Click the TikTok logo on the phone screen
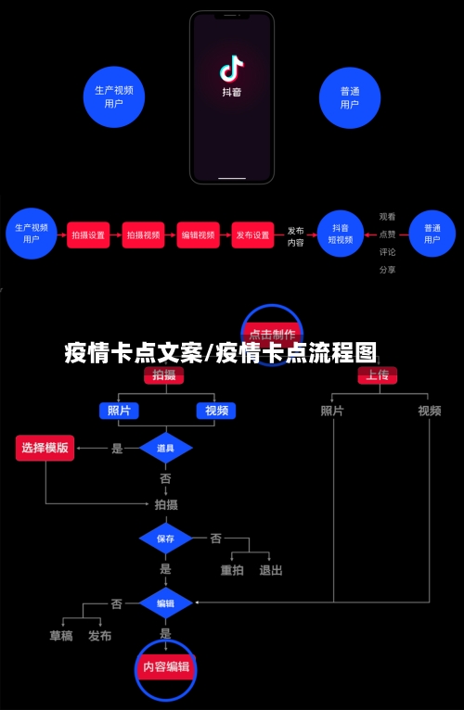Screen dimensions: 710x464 tap(231, 69)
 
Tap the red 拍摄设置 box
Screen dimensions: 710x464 tap(89, 235)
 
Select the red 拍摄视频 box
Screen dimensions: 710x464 tap(143, 235)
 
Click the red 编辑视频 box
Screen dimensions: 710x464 tap(198, 235)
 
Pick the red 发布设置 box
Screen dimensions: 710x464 tap(252, 235)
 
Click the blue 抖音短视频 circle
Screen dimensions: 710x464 tap(341, 234)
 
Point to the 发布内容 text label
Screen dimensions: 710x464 tap(295, 236)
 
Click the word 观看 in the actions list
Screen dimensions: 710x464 tap(387, 217)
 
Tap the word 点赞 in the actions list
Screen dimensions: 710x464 tap(387, 235)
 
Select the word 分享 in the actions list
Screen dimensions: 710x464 tap(387, 270)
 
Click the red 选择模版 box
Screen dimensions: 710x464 tap(45, 448)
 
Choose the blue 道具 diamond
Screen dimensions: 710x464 tap(165, 448)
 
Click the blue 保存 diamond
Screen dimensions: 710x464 tap(165, 539)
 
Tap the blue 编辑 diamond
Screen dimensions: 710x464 tap(165, 602)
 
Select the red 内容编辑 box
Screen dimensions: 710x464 tap(165, 666)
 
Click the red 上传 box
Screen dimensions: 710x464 tap(377, 375)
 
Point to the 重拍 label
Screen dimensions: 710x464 tap(232, 570)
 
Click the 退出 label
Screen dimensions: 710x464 tap(271, 570)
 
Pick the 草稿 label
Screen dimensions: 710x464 tap(61, 636)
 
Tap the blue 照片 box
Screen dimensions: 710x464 tap(119, 411)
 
